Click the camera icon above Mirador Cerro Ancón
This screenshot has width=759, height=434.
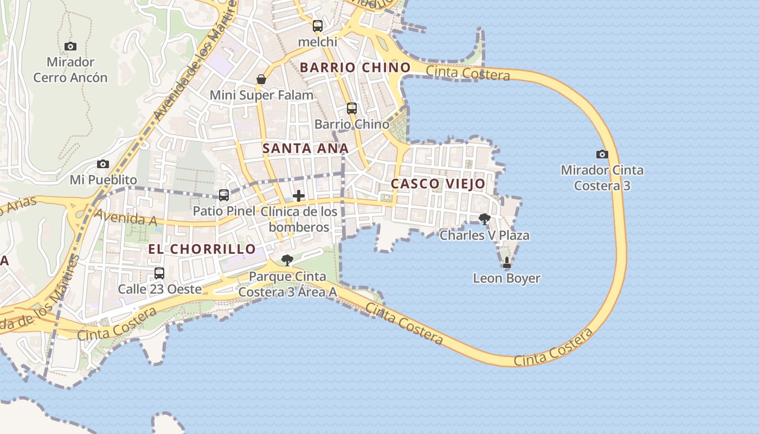point(70,47)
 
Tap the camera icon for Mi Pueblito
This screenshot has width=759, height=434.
point(103,164)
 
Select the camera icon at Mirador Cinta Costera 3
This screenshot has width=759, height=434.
point(602,154)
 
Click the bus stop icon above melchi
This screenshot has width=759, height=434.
point(318,25)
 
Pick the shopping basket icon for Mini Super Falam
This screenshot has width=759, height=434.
point(261,79)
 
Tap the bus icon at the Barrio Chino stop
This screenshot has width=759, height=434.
point(352,108)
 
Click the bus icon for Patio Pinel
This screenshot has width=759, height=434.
point(223,195)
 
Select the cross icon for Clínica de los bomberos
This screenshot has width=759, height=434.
point(299,196)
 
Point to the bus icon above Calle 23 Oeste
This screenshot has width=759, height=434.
point(159,273)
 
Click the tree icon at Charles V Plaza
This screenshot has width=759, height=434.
point(484,219)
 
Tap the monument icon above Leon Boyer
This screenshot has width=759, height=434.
point(507,263)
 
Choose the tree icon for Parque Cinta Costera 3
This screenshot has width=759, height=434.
point(287,260)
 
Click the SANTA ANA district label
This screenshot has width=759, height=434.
point(305,148)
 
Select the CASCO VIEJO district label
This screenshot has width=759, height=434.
point(438,184)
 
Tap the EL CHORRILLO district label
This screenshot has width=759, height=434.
point(202,249)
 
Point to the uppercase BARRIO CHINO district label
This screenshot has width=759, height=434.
point(355,68)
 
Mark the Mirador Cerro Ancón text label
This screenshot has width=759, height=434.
point(70,70)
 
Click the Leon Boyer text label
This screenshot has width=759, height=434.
point(506,278)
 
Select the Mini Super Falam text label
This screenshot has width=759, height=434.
point(261,95)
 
